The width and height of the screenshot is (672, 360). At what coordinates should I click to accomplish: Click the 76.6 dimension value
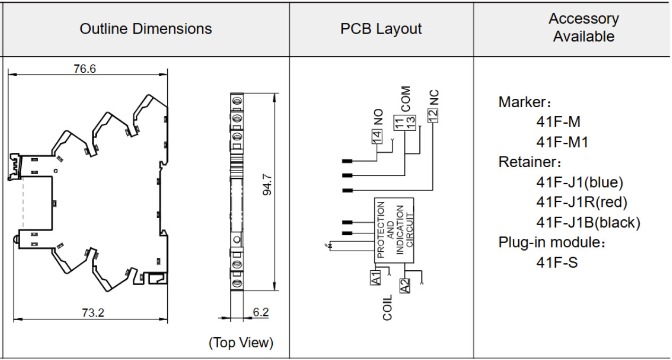pos(85,68)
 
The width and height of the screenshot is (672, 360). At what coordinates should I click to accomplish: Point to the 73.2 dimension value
pos(93,313)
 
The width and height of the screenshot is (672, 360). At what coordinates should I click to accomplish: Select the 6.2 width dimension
pos(261,312)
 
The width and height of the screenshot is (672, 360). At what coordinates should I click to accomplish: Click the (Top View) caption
pos(241,342)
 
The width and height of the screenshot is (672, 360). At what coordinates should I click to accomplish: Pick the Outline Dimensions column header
pos(146,29)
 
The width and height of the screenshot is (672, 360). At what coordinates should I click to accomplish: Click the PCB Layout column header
pos(381,29)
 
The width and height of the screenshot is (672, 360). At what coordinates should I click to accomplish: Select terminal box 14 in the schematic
pos(377,136)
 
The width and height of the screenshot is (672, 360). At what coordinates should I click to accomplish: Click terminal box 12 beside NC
pos(433,115)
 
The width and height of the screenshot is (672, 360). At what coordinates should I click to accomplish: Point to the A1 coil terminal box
pos(375,278)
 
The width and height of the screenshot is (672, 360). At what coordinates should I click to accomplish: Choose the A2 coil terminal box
pos(404,286)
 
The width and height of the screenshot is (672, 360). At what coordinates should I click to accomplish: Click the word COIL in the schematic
pos(387,307)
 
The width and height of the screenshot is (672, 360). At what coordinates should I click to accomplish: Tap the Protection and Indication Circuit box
pos(394,230)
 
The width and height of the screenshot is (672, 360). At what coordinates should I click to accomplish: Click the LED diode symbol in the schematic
pos(330,246)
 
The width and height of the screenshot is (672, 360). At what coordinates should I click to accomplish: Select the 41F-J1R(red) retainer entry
pos(582,202)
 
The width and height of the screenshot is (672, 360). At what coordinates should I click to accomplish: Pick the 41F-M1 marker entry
pos(562,142)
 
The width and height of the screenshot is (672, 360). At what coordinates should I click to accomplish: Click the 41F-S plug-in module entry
pos(557,262)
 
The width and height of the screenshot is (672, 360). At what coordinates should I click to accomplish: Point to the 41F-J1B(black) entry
pos(588,222)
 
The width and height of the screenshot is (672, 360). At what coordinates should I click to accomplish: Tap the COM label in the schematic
pos(406,99)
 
